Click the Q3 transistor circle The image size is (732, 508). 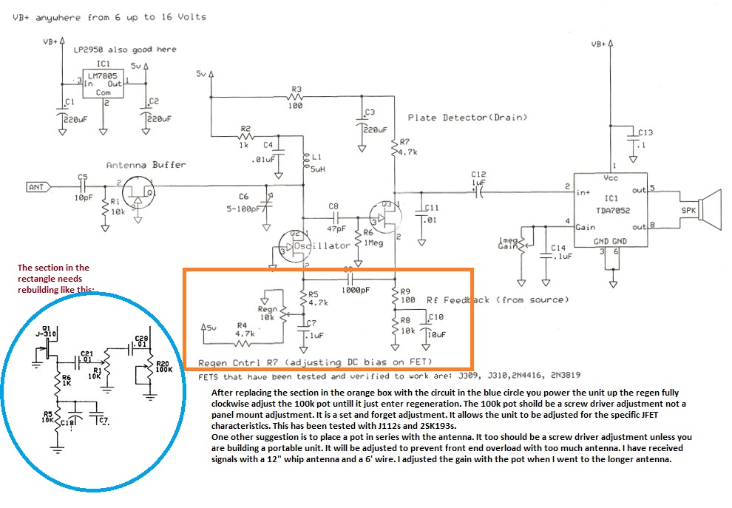click(385, 217)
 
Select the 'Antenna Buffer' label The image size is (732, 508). click(146, 165)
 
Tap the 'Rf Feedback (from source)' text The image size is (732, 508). click(498, 300)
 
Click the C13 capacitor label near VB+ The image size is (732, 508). click(645, 133)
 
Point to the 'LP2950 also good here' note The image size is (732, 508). click(125, 50)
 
